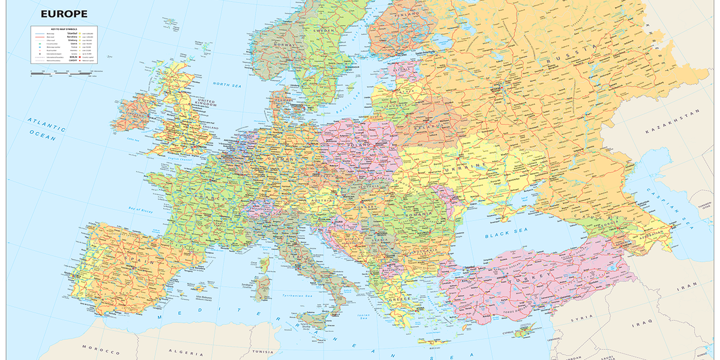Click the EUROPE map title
click(64, 13)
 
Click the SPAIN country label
click(136, 262)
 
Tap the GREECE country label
click(401, 298)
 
